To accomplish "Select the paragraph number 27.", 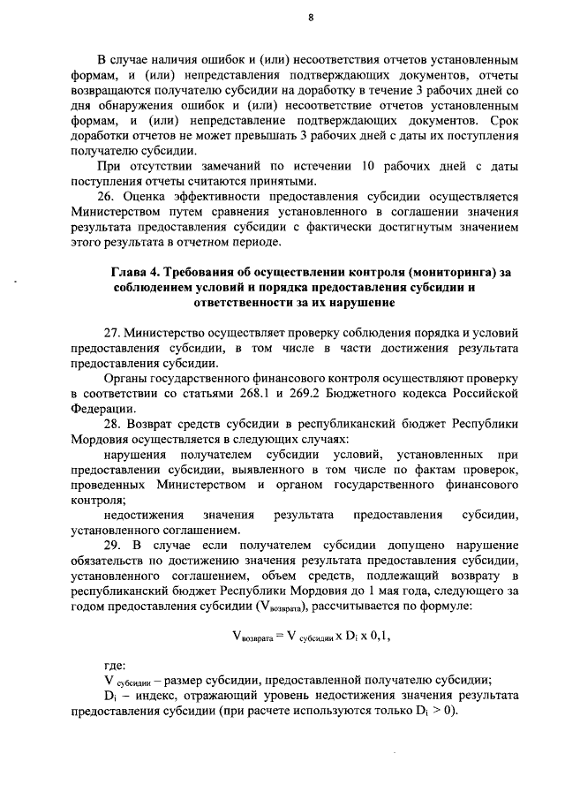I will pos(113,333).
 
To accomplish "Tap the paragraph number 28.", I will pos(113,425).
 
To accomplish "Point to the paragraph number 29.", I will pos(113,546).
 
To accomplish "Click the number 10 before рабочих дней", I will pos(368,167).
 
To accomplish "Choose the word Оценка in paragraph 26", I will pos(154,198).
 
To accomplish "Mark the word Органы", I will pos(129,378).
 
